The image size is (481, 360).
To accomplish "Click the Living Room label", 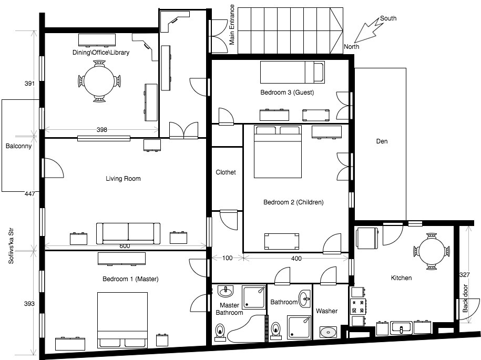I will click(123, 179).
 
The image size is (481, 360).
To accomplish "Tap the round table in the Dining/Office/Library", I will click(99, 81).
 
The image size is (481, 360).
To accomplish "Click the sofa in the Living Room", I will click(128, 233).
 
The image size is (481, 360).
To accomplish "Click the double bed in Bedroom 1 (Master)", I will click(122, 320).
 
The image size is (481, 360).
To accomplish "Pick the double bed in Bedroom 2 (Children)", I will click(278, 152).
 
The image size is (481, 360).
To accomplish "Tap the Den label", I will click(382, 141).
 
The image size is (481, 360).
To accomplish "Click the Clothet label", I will click(226, 172).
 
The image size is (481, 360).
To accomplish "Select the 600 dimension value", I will click(125, 246).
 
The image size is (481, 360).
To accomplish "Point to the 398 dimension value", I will click(101, 130).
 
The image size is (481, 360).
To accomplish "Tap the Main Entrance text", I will click(232, 29).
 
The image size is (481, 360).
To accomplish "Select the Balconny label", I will click(18, 147).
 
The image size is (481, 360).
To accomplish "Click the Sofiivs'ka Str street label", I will click(11, 245).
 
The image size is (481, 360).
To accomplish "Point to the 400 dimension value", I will click(296, 258).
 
